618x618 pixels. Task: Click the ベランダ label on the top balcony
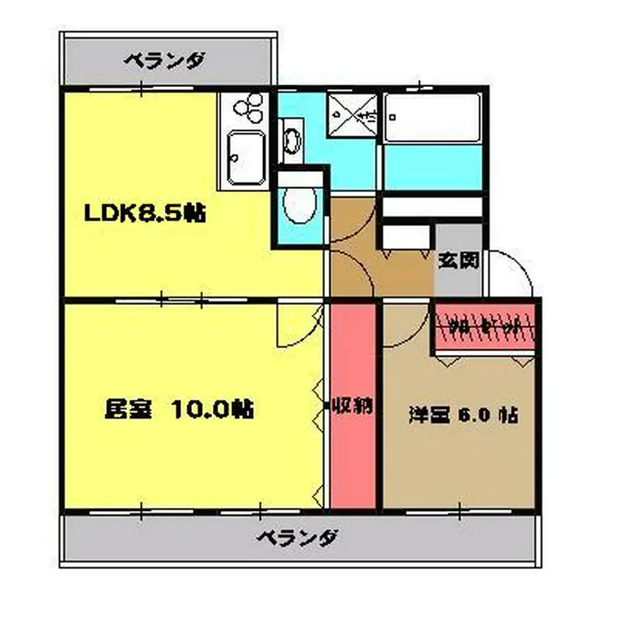165,60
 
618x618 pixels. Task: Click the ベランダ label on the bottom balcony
297,536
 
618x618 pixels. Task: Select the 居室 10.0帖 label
179,410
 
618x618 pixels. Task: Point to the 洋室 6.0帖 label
463,414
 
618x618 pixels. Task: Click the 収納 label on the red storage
352,408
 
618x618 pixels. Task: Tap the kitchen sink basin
246,157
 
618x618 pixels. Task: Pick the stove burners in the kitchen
247,107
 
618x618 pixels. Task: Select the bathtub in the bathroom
433,119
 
